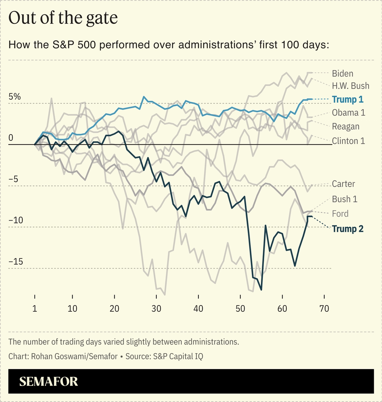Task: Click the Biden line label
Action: pyautogui.click(x=342, y=73)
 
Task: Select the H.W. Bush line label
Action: pyautogui.click(x=350, y=86)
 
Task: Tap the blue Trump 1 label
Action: pyautogui.click(x=347, y=99)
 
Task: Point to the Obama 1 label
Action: pyautogui.click(x=348, y=113)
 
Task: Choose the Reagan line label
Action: pyautogui.click(x=345, y=127)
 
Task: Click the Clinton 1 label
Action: pyautogui.click(x=348, y=141)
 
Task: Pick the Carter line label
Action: pyautogui.click(x=343, y=184)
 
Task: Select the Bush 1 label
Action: pyautogui.click(x=344, y=199)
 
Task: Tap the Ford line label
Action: pyautogui.click(x=340, y=214)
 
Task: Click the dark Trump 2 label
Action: pyautogui.click(x=347, y=229)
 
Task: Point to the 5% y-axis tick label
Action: pyautogui.click(x=15, y=97)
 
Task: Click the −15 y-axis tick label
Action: pyautogui.click(x=16, y=262)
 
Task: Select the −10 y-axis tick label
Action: pyautogui.click(x=16, y=220)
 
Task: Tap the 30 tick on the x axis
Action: pyautogui.click(x=156, y=309)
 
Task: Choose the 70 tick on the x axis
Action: pyautogui.click(x=324, y=309)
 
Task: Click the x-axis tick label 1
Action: pyautogui.click(x=35, y=309)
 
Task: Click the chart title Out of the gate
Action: pyautogui.click(x=63, y=18)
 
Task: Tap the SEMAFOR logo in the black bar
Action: pyautogui.click(x=48, y=381)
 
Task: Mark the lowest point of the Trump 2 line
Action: pyautogui.click(x=262, y=290)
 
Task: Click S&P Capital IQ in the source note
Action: pyautogui.click(x=178, y=356)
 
